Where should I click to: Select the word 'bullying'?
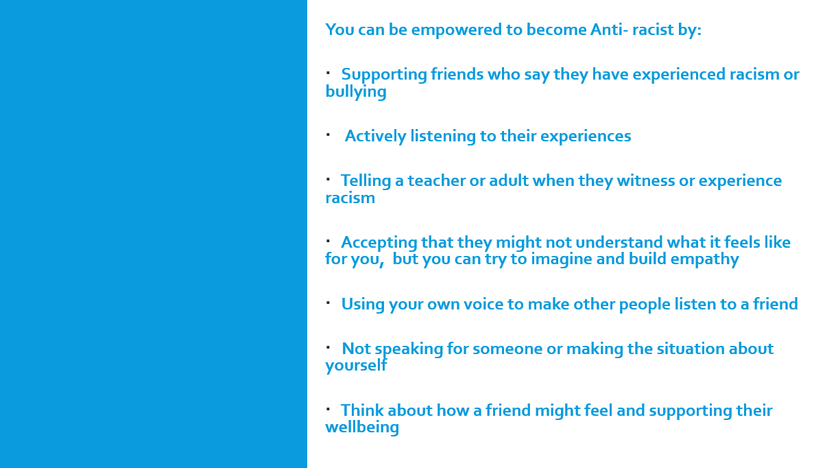pyautogui.click(x=356, y=92)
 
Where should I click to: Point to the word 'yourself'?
pyautogui.click(x=356, y=366)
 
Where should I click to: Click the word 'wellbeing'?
pyautogui.click(x=362, y=428)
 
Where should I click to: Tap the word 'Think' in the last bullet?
pyautogui.click(x=361, y=410)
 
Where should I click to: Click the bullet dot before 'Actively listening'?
pyautogui.click(x=328, y=135)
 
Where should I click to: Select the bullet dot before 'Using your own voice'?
pyautogui.click(x=328, y=303)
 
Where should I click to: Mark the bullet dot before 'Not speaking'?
pyautogui.click(x=328, y=347)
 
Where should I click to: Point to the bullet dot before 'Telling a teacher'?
pyautogui.click(x=328, y=179)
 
